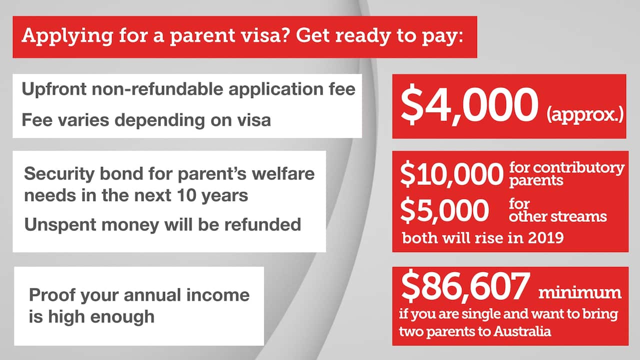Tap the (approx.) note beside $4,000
(x=584, y=114)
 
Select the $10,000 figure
(x=451, y=174)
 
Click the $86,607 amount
(x=464, y=288)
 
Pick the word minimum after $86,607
(x=579, y=292)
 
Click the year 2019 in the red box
(x=545, y=237)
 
